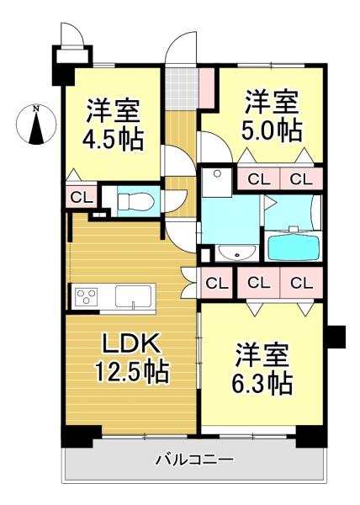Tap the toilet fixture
pyautogui.click(x=135, y=202)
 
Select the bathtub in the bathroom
pyautogui.click(x=293, y=247)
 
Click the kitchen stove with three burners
pyautogui.click(x=87, y=296)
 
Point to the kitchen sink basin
pyautogui.click(x=133, y=296)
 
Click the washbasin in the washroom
pyautogui.click(x=237, y=252)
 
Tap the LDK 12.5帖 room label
pyautogui.click(x=131, y=359)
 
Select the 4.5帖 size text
pyautogui.click(x=114, y=140)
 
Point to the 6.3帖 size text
pyautogui.click(x=262, y=384)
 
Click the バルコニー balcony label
pyautogui.click(x=194, y=460)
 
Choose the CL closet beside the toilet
pyautogui.click(x=81, y=197)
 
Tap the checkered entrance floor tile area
pyautogui.click(x=182, y=88)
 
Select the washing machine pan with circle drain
pyautogui.click(x=216, y=182)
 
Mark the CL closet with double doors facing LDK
pyautogui.click(x=217, y=283)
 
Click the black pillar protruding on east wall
pyautogui.click(x=336, y=337)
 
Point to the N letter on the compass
pyautogui.click(x=36, y=109)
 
